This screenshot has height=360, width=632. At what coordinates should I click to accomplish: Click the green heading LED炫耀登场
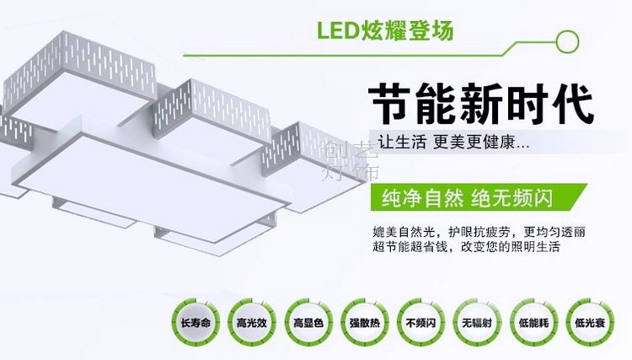[386, 31]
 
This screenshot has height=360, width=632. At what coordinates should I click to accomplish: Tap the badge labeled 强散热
[362, 323]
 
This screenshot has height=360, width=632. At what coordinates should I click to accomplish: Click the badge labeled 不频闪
[419, 323]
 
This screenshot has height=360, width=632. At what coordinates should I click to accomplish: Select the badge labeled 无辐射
[475, 323]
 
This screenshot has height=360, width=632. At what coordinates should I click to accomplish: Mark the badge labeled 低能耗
[533, 323]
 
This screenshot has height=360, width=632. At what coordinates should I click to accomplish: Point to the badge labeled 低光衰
[589, 323]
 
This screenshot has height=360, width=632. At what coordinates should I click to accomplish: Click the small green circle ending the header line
[570, 38]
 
